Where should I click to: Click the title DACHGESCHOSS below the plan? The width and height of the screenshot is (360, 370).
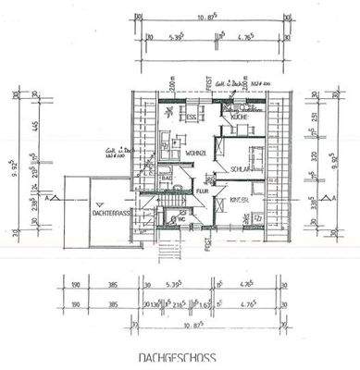180,356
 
